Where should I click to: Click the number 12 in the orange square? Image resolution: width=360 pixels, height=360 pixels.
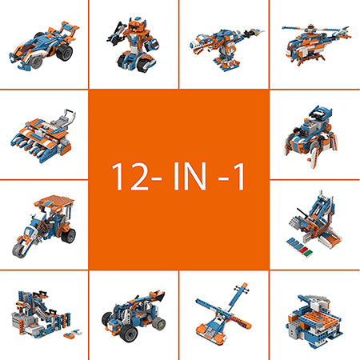coord(130,177)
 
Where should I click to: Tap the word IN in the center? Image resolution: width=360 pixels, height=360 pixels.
coord(190,177)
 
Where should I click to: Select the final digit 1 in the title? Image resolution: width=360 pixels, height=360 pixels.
coord(240,177)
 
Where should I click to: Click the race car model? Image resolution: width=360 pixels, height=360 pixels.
coord(44,46)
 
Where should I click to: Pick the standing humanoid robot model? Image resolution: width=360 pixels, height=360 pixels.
coord(134,45)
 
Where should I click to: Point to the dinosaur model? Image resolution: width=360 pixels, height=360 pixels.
coord(226,49)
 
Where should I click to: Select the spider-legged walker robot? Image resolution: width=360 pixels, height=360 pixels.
coord(310,136)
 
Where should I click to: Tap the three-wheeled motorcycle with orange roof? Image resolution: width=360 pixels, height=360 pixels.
coord(44,226)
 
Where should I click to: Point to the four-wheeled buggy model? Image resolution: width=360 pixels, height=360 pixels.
coord(134,316)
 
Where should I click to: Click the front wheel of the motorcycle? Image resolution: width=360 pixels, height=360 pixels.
coord(21,250)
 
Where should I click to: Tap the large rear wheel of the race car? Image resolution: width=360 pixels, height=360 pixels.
coord(65,52)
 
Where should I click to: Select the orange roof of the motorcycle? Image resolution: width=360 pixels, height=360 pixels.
coord(54,201)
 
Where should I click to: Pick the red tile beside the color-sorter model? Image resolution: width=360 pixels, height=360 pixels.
coord(302,250)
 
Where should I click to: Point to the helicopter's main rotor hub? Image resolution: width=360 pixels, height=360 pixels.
coord(310,27)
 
